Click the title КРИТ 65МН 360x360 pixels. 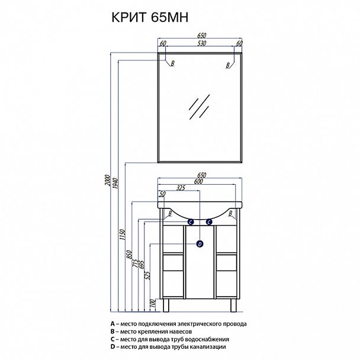pos(150,17)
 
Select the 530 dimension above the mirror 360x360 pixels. pos(201,43)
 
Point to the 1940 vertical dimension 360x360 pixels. pos(115,183)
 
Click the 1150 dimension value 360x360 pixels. pos(122,234)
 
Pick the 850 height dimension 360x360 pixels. pos(129,255)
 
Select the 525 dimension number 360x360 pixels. pos(148,275)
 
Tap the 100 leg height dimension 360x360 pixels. pos(153,304)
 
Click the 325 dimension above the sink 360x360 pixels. pos(181,188)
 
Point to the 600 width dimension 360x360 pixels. pos(198,182)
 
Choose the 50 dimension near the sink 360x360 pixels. pos(162,194)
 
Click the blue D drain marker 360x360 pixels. pos(200,244)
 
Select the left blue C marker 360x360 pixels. pos(191,222)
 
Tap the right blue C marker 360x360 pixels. pos(209,222)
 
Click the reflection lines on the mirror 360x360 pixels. pos(199,107)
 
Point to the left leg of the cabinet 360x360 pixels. pos(166,306)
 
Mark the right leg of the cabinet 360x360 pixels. pos(233,306)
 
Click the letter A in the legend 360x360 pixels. pos(112,324)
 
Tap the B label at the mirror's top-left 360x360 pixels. pos(173,63)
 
